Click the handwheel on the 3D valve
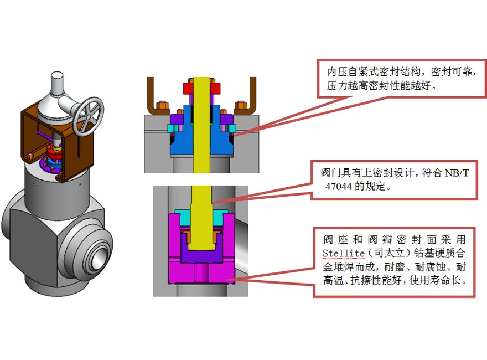(87, 117)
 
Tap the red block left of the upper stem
(188, 88)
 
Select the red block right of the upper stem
(216, 88)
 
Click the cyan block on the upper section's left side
(171, 129)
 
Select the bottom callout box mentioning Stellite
(394, 261)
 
